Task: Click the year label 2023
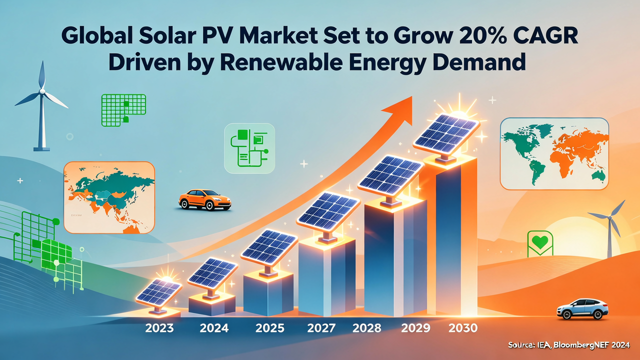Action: (159, 328)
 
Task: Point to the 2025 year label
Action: (270, 328)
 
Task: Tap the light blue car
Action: (582, 308)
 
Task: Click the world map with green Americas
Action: (554, 153)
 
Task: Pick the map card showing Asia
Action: (109, 198)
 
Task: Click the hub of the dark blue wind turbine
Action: (42, 93)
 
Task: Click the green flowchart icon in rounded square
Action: (249, 148)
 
